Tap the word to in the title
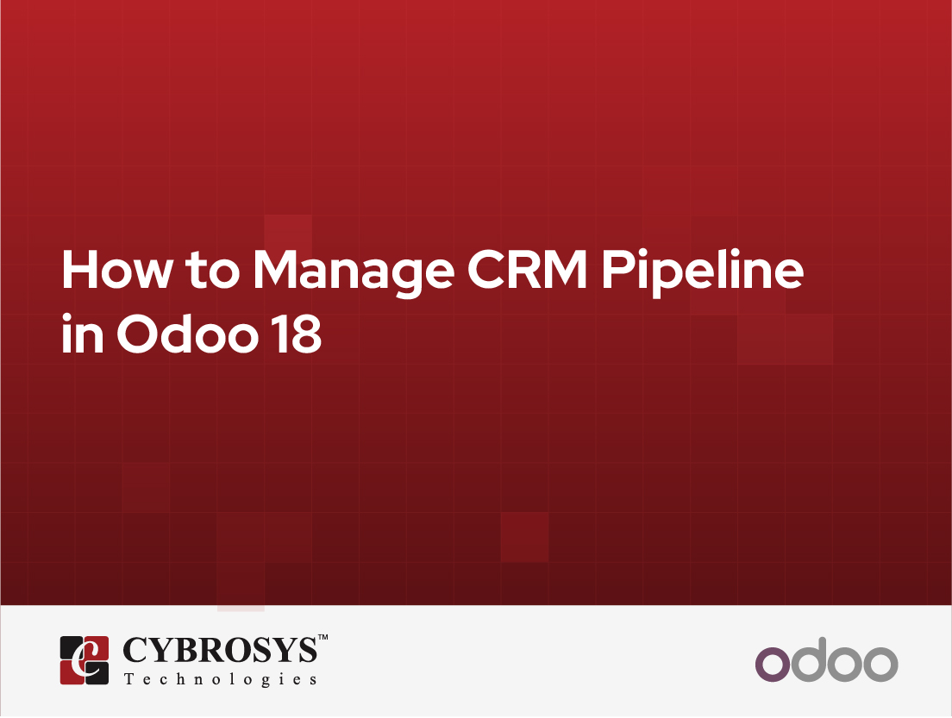(x=212, y=271)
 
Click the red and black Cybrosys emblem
(x=85, y=660)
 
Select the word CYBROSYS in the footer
(x=220, y=650)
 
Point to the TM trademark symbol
(x=323, y=637)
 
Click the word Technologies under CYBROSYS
(x=221, y=679)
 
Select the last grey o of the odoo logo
(x=880, y=664)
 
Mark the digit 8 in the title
(x=306, y=333)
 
